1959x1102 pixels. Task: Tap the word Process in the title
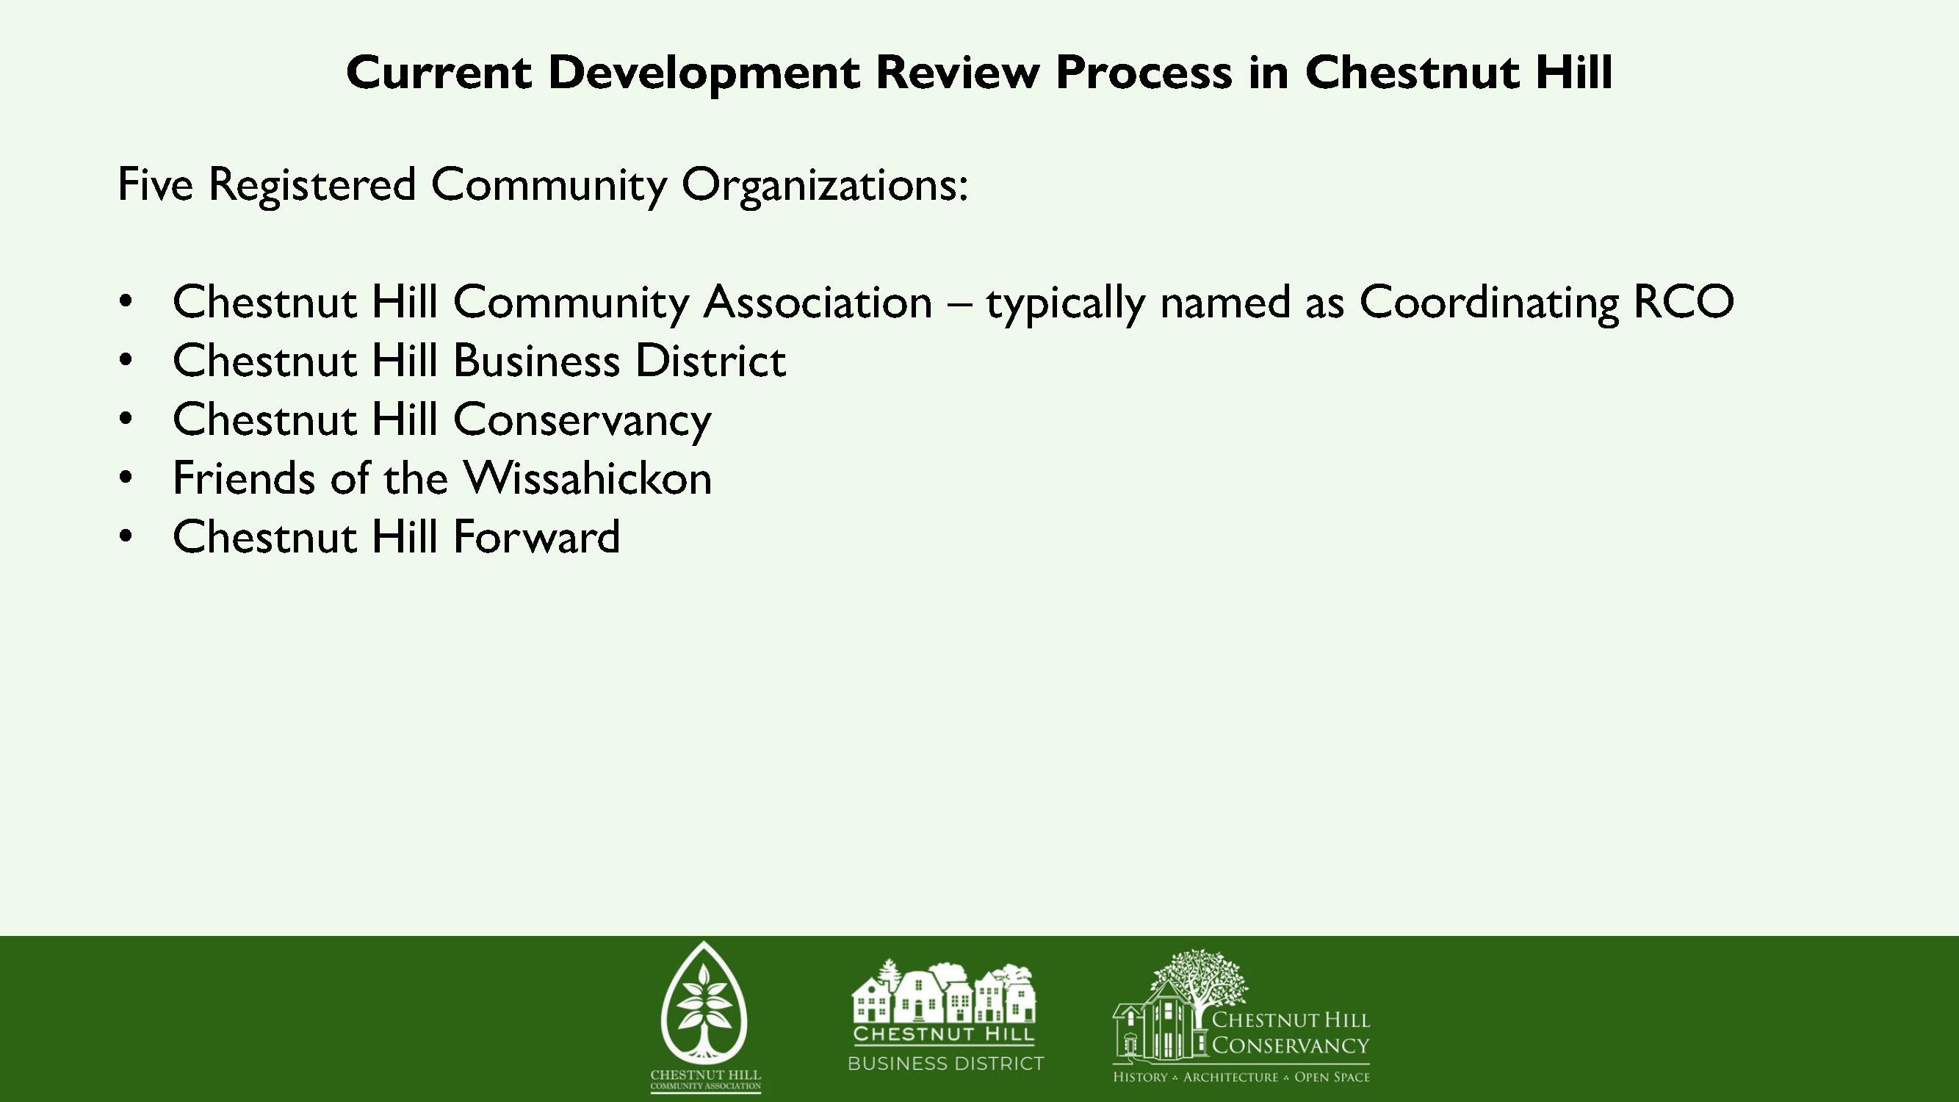(1144, 72)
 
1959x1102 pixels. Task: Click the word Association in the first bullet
(818, 302)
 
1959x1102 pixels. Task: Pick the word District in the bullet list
(710, 361)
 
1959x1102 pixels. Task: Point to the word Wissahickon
(588, 478)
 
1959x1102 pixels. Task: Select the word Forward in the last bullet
(537, 537)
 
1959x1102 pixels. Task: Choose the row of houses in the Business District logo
(944, 993)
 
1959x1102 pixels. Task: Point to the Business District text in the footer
(946, 1063)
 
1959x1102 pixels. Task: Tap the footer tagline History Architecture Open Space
(1241, 1077)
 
